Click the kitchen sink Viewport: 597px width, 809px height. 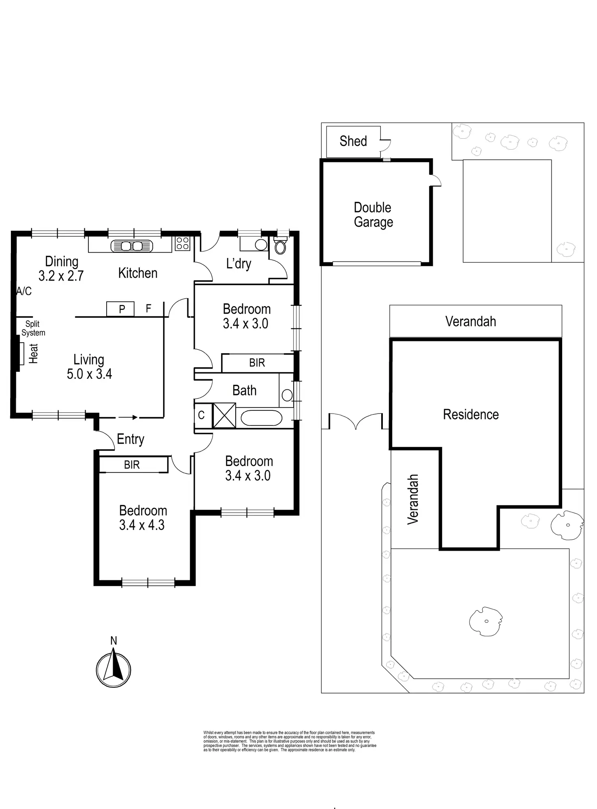pyautogui.click(x=132, y=246)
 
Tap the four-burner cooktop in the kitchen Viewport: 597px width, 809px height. pyautogui.click(x=182, y=243)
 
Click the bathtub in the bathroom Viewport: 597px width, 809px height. pyautogui.click(x=261, y=418)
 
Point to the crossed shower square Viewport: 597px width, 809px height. pyautogui.click(x=224, y=415)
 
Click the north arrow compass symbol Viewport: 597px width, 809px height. pyautogui.click(x=114, y=670)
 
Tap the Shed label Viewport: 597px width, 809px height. pyautogui.click(x=353, y=141)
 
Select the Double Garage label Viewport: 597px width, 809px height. pyautogui.click(x=373, y=215)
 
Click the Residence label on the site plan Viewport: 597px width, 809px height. pyautogui.click(x=471, y=414)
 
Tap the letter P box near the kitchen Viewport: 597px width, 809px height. pyautogui.click(x=121, y=309)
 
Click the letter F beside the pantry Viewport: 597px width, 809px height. pyautogui.click(x=148, y=309)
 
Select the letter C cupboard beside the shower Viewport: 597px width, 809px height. pyautogui.click(x=201, y=415)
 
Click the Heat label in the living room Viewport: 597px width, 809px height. pyautogui.click(x=33, y=354)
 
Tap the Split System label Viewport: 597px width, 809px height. pyautogui.click(x=33, y=328)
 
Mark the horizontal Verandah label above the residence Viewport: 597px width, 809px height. pyautogui.click(x=470, y=322)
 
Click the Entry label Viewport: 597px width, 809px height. pyautogui.click(x=131, y=439)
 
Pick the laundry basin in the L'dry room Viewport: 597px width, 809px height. pyautogui.click(x=261, y=245)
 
